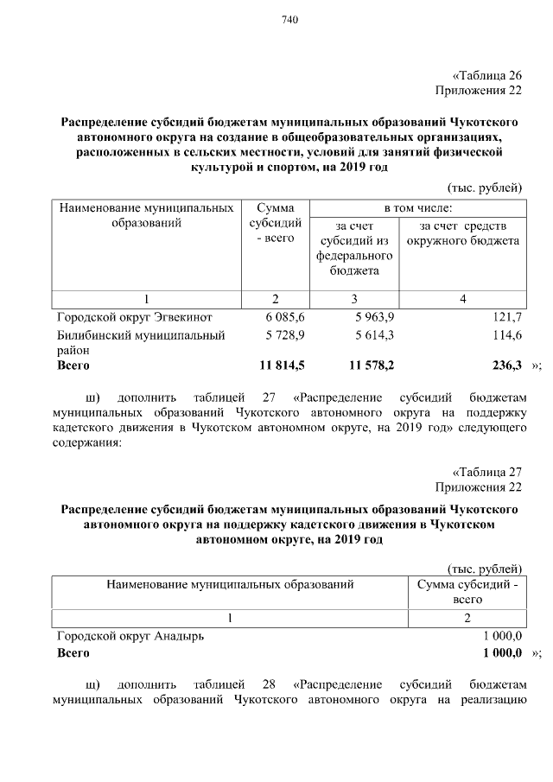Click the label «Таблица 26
488,75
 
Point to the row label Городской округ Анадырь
131,635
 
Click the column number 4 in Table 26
463,298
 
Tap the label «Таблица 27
488,472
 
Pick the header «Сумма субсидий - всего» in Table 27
467,592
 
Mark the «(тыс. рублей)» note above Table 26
485,188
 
